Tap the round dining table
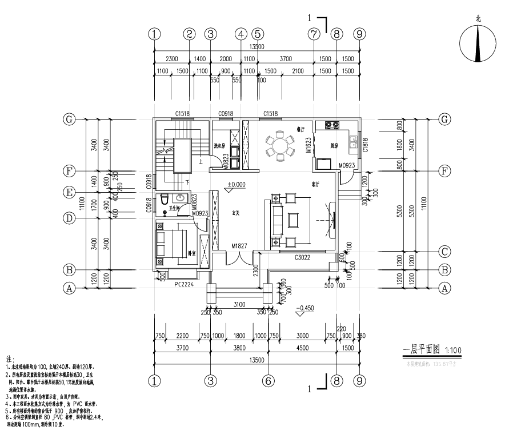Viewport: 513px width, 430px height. [280, 145]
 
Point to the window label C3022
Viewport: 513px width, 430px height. [302, 258]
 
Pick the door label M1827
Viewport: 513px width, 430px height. [239, 246]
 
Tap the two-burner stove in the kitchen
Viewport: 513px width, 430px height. [332, 125]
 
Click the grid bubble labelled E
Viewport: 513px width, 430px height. [69, 193]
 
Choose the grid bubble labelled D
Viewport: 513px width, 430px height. [69, 218]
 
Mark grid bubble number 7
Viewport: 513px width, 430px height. [313, 34]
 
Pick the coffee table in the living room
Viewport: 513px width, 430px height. [295, 220]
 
